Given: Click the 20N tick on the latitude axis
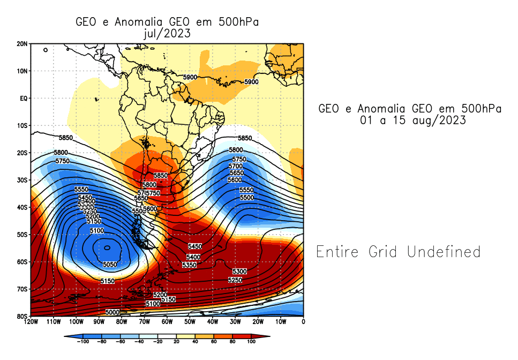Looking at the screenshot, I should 22,43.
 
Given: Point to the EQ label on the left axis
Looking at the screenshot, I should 24,98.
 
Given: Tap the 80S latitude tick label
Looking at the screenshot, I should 22,316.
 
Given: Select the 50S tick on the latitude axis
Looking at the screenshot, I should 22,234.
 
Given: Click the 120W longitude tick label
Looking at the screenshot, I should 31,322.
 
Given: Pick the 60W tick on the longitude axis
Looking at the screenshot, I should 167,322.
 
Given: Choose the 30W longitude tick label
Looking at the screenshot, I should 235,322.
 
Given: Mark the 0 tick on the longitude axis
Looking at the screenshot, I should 303,322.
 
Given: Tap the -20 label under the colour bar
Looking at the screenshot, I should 157,341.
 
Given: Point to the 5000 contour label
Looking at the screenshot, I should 112,312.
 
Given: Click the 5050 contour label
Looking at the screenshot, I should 110,265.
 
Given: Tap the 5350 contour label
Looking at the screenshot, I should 189,265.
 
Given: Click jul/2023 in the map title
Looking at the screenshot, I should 167,33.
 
